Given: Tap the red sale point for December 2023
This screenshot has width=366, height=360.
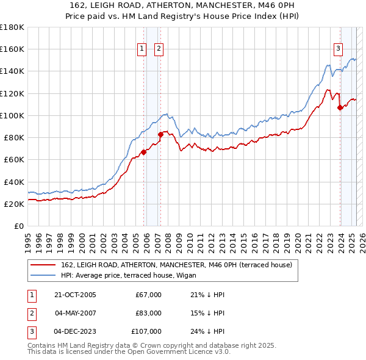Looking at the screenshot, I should tap(340, 107).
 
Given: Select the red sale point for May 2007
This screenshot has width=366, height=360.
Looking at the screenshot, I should tap(160, 134).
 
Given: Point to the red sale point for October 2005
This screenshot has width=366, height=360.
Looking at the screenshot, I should tap(144, 152).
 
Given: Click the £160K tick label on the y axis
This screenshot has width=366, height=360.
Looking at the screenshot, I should tap(12, 49).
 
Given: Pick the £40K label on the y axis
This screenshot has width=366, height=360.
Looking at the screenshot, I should tap(14, 182).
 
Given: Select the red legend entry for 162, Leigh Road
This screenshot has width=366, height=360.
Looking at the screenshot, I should tap(177, 265).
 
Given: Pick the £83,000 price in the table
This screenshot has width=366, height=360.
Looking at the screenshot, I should tap(148, 313).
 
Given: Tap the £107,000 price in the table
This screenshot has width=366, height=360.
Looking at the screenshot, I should tap(146, 331).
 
